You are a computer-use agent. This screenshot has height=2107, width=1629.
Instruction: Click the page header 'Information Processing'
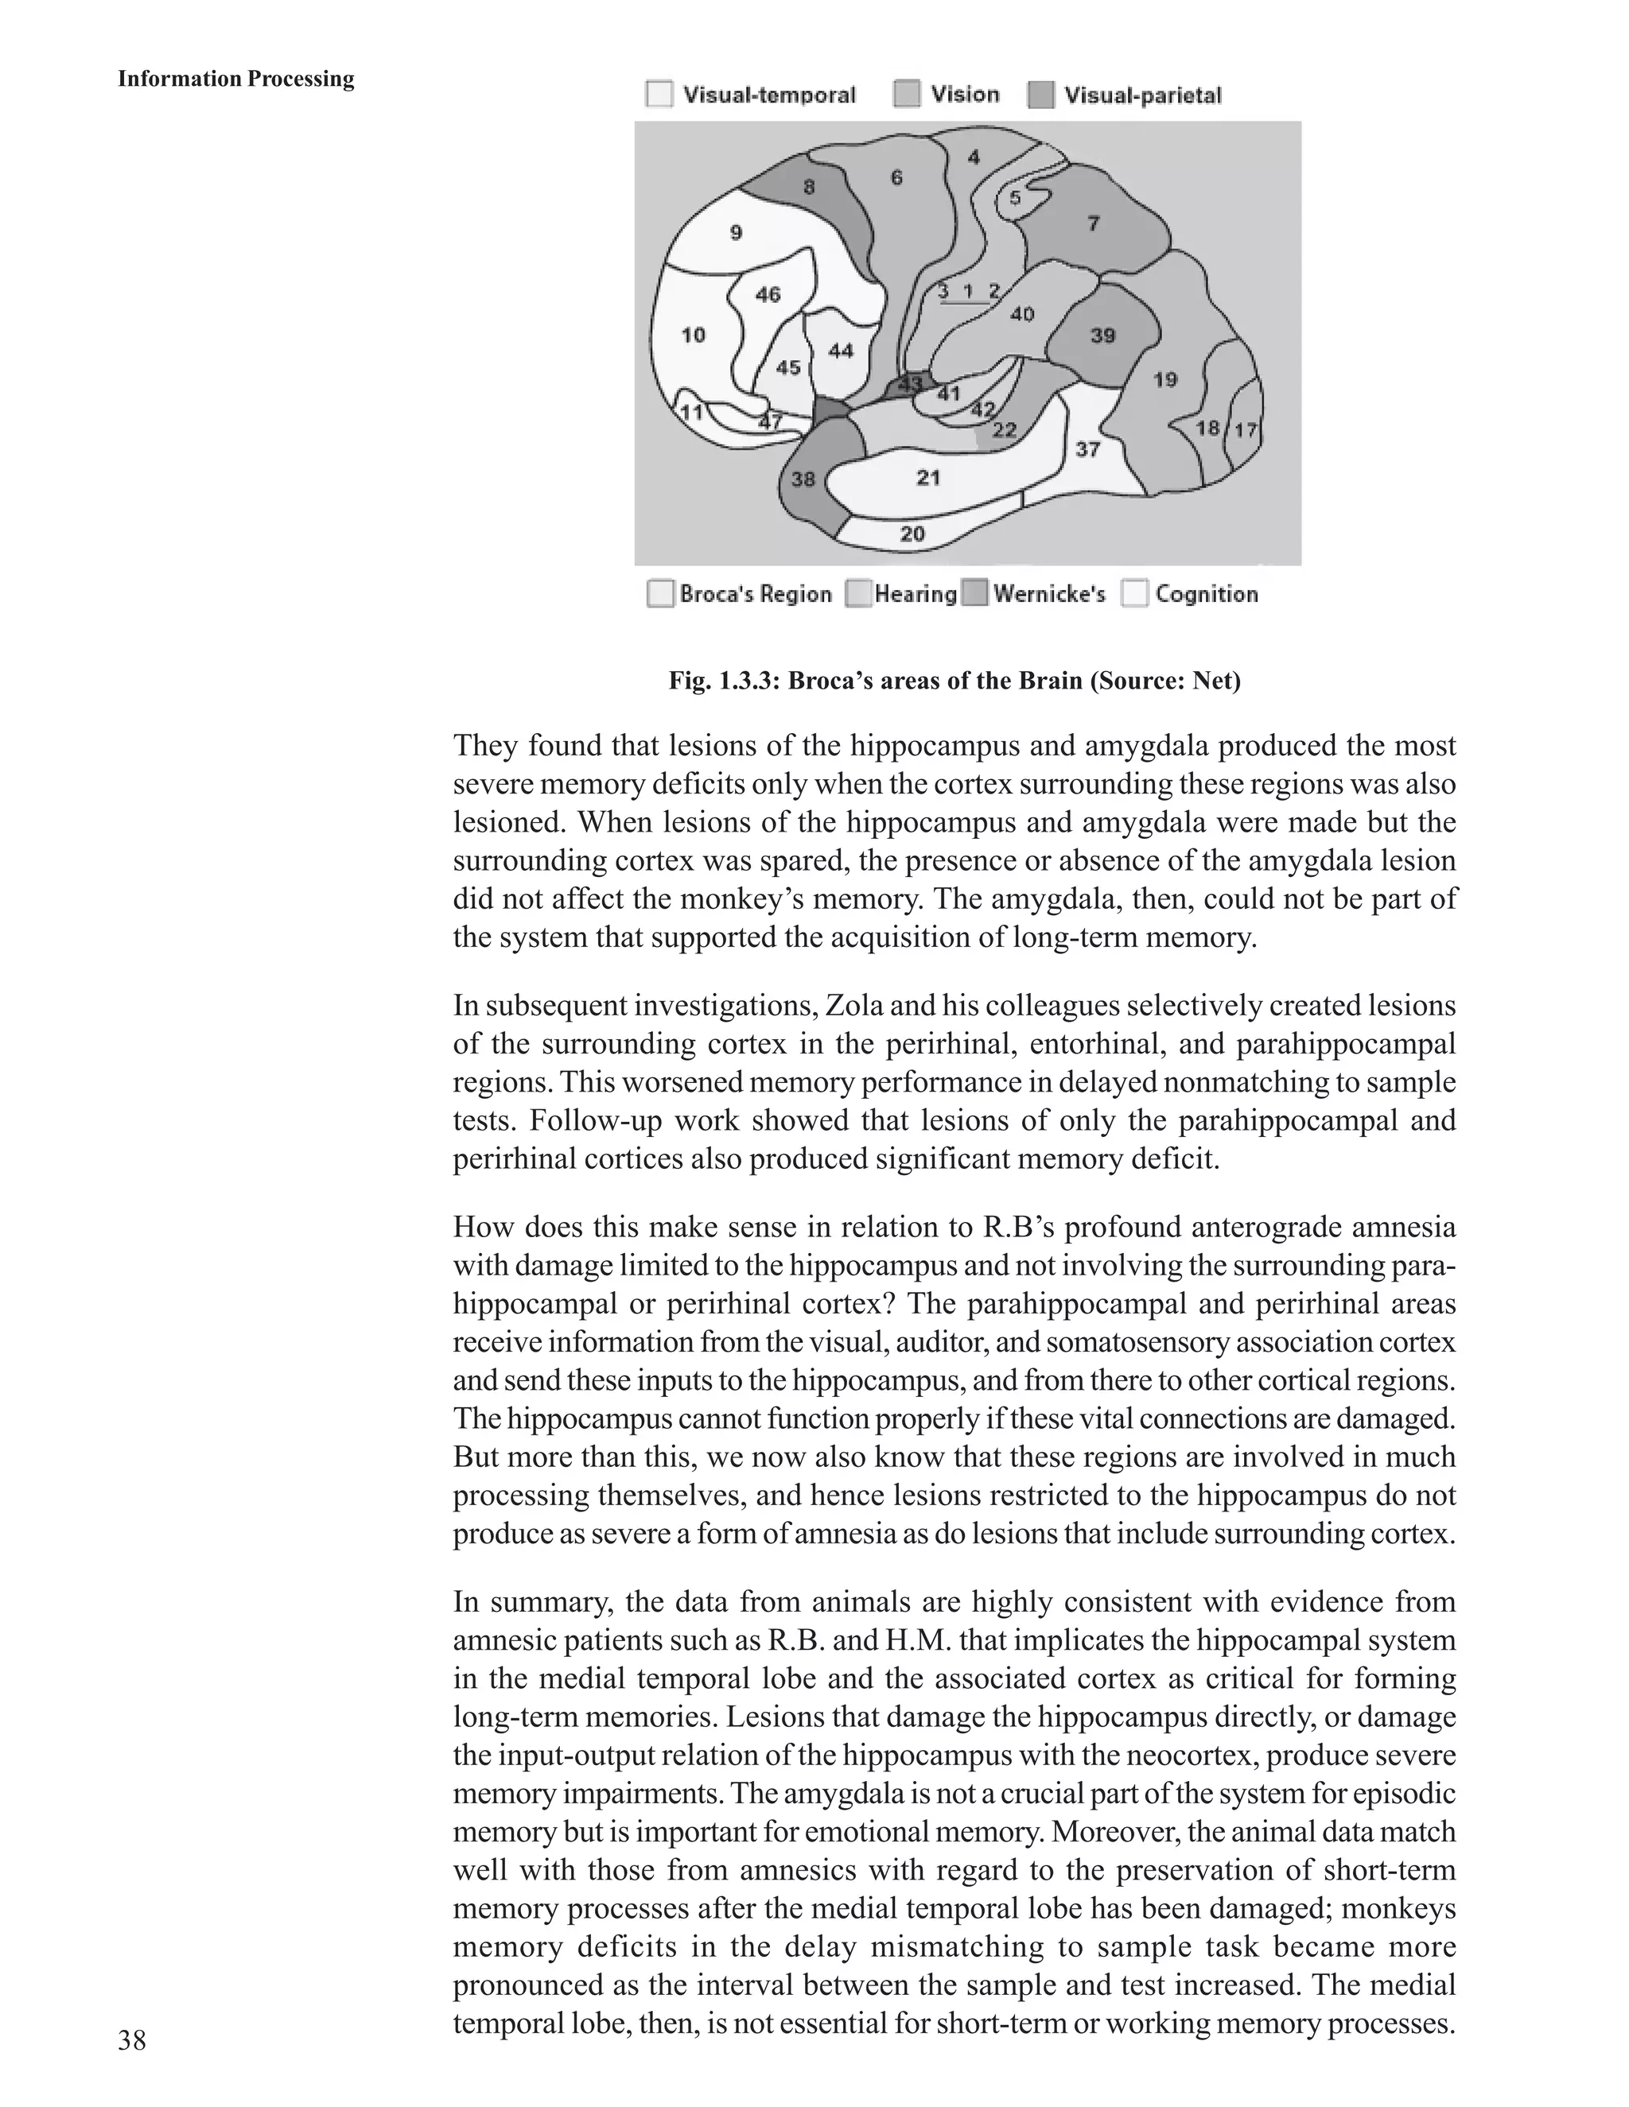pos(235,79)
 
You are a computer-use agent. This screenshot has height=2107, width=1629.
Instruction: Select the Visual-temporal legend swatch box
pos(659,95)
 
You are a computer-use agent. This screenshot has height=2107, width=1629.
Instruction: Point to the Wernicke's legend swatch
pos(977,593)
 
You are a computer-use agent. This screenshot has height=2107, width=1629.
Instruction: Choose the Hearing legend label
pos(915,593)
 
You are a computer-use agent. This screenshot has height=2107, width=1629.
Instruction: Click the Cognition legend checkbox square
pos(1135,593)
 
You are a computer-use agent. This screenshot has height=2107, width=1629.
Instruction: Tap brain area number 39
pos(1102,335)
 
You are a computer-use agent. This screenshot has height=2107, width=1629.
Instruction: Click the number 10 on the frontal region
pos(693,335)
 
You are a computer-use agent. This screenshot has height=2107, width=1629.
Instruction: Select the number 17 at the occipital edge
pos(1245,429)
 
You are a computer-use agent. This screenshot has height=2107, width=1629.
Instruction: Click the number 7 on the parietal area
pos(1092,223)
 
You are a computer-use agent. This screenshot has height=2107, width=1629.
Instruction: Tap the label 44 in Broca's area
pos(841,350)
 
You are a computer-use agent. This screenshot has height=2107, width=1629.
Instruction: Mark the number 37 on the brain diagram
pos(1087,449)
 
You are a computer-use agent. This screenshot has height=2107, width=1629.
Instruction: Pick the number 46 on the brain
pos(768,294)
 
